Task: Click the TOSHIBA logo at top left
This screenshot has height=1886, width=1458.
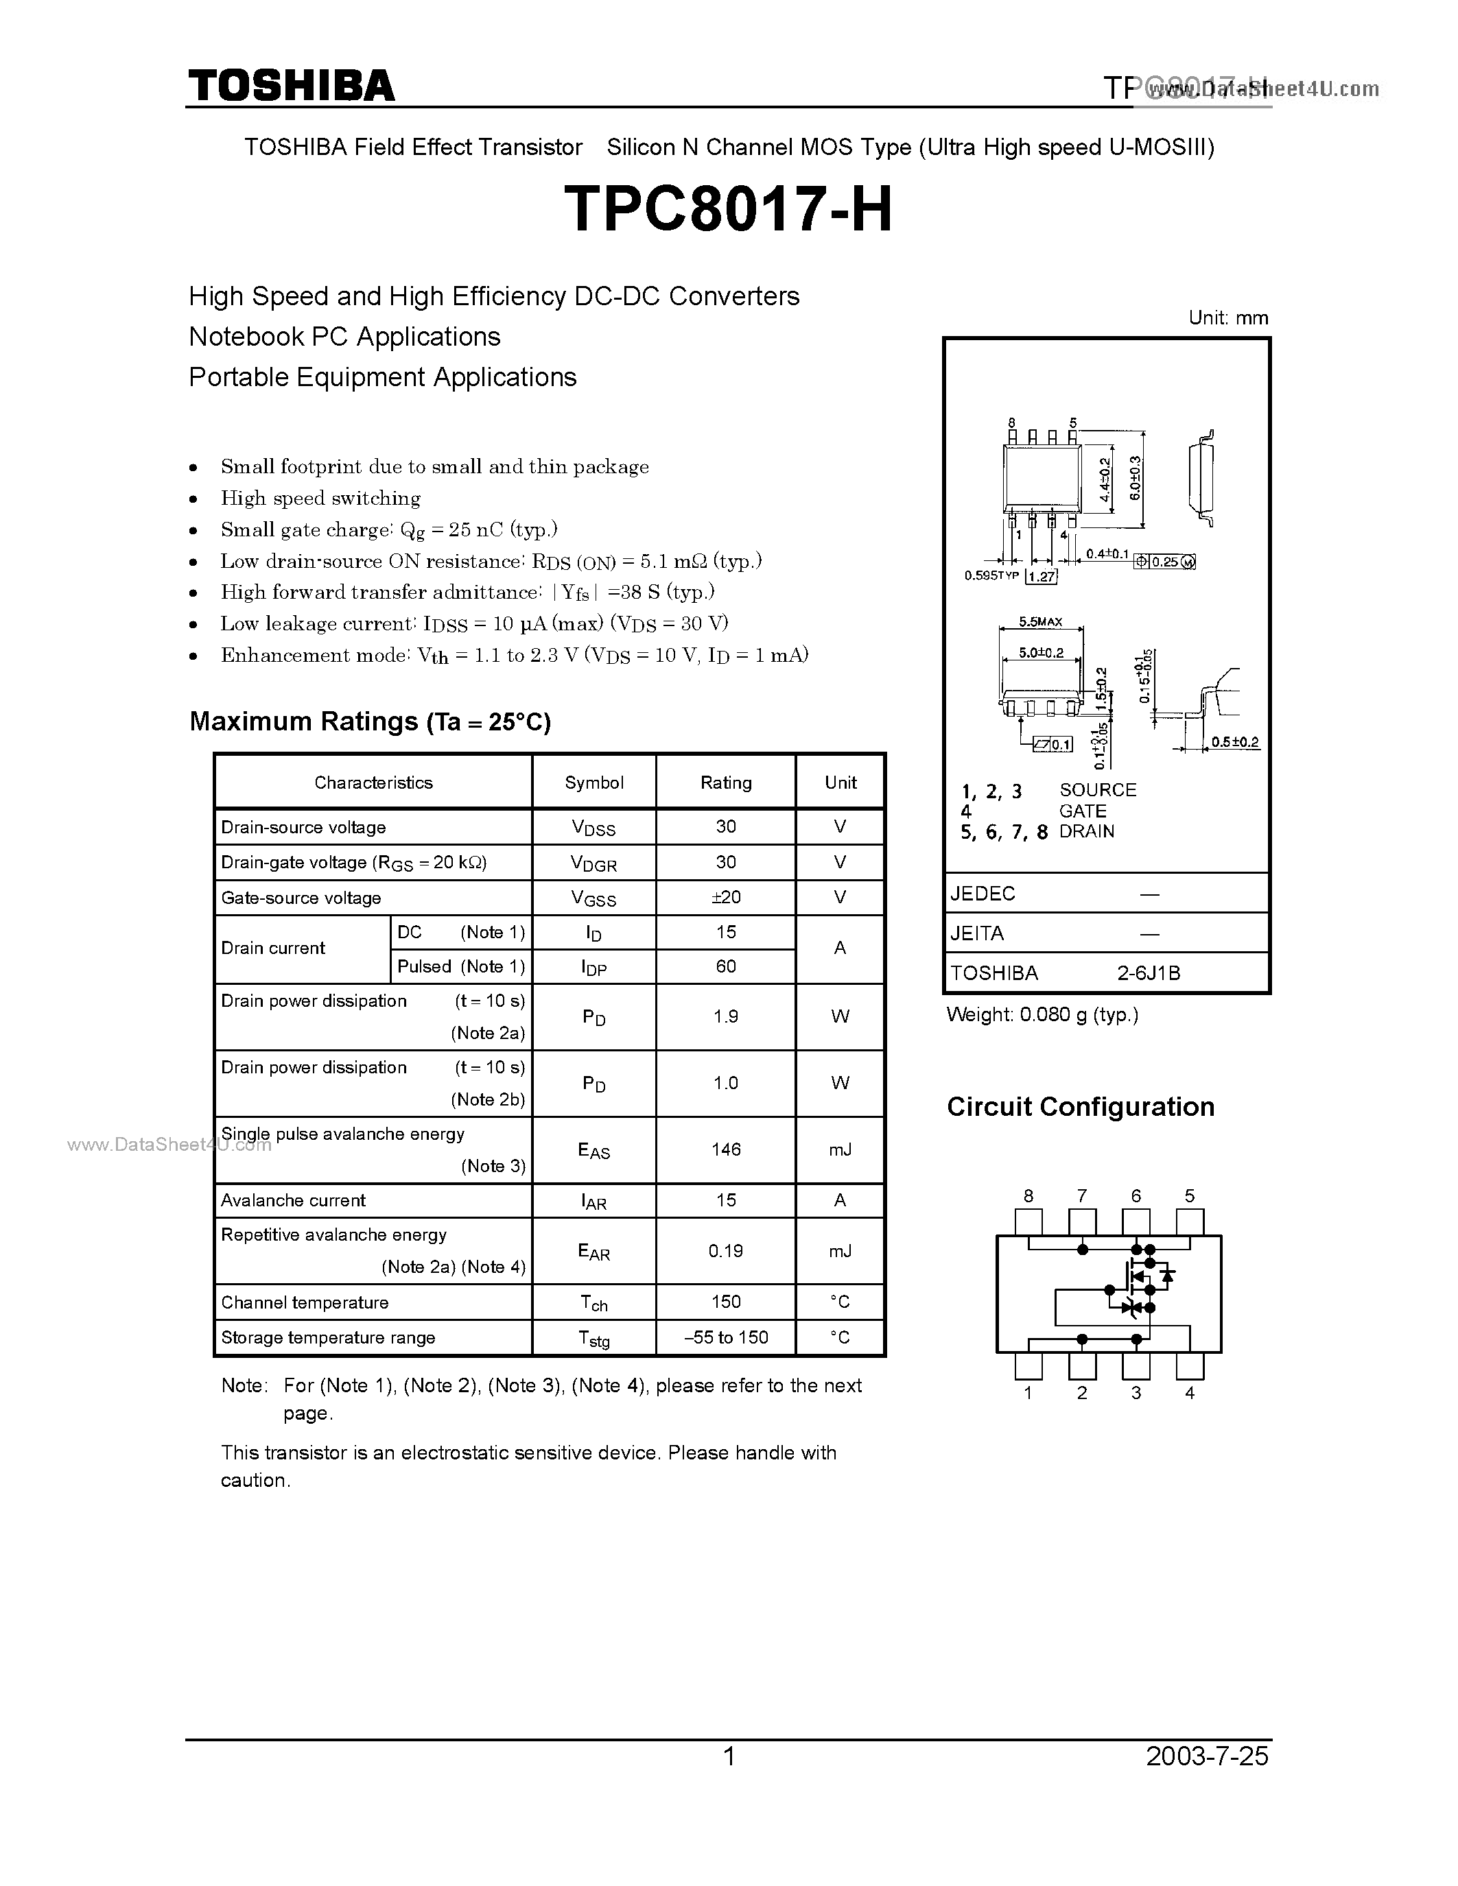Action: tap(291, 86)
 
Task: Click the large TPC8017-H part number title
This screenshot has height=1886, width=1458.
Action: tap(728, 211)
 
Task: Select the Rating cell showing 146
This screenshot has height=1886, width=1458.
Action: tap(725, 1149)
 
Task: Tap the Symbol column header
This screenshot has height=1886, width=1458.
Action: tap(593, 783)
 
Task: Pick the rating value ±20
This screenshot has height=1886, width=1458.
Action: tap(725, 897)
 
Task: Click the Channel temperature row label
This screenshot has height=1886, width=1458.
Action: tap(305, 1302)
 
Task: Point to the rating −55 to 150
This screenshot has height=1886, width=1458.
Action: tap(725, 1337)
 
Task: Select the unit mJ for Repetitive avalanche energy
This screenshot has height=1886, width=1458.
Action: tap(840, 1252)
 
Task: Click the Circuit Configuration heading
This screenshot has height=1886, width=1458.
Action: tap(1081, 1107)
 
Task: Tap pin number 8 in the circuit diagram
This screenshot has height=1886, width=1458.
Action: tap(1028, 1196)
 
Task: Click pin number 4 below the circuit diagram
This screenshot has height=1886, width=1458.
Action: tap(1189, 1393)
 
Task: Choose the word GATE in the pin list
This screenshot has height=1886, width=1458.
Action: tap(1082, 811)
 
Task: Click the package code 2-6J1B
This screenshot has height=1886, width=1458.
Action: tap(1148, 973)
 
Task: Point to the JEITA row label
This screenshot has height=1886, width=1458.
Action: tap(977, 933)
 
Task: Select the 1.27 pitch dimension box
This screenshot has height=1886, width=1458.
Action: tap(1042, 577)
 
